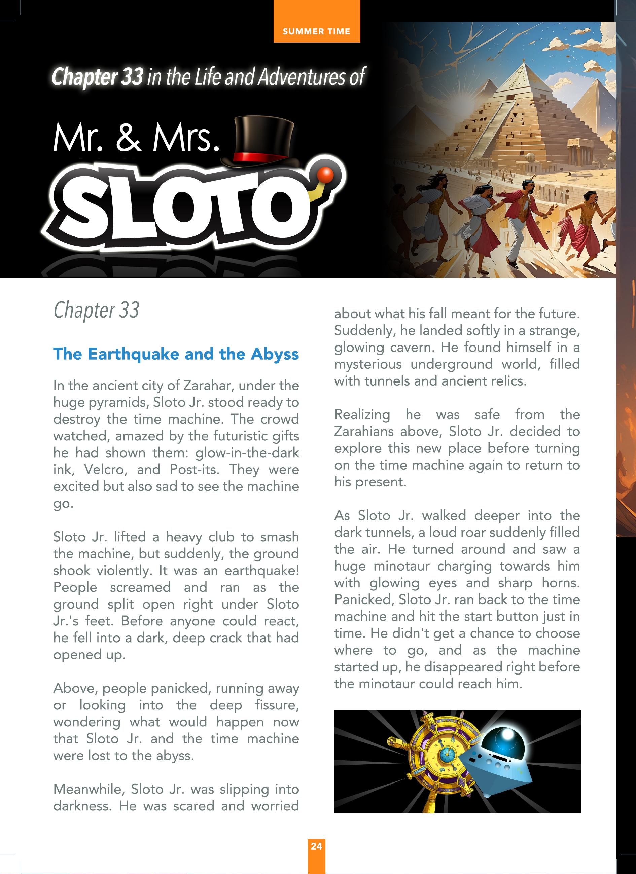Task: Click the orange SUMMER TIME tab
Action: pos(316,31)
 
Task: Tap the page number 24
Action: pos(316,846)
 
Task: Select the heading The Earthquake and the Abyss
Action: pos(176,354)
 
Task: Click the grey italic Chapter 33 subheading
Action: pos(96,310)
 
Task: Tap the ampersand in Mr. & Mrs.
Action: pos(128,138)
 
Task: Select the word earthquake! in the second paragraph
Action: pos(262,570)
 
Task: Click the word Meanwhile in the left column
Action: pos(89,789)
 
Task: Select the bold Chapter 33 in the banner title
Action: pos(98,77)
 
